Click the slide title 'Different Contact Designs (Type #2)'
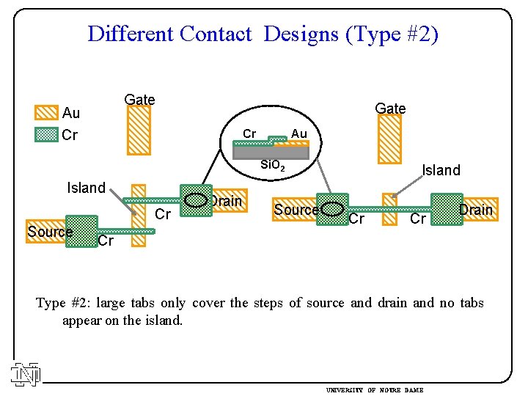click(x=263, y=34)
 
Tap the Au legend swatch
click(x=46, y=112)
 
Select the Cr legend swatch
click(x=46, y=135)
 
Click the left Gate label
click(x=139, y=100)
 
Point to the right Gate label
click(x=390, y=109)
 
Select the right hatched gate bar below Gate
click(x=389, y=139)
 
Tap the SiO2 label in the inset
click(x=274, y=167)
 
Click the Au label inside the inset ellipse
click(x=298, y=133)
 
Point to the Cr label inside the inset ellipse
click(x=249, y=133)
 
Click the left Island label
click(x=87, y=188)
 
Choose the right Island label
click(x=441, y=170)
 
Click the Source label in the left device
click(x=50, y=232)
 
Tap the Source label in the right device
click(x=296, y=210)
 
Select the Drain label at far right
click(x=476, y=210)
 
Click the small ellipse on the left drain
click(x=195, y=199)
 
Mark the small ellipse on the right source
click(x=334, y=209)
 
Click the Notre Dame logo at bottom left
click(x=26, y=374)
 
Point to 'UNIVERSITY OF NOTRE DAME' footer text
click(x=374, y=389)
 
